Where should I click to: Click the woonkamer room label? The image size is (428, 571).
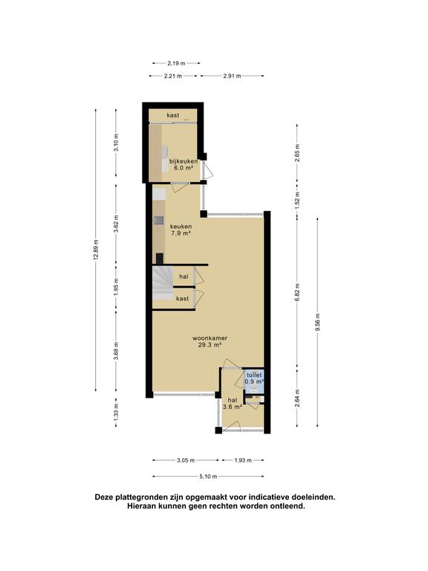pos(213,338)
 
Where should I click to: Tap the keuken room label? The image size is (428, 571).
pos(181,226)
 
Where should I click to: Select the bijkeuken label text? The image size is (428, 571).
pos(183,161)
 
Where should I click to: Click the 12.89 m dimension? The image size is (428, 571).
pos(96,249)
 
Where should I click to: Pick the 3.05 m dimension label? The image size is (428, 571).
pos(186,461)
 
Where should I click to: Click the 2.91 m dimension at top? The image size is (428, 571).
pos(233,76)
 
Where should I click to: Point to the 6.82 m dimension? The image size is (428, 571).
pos(297,290)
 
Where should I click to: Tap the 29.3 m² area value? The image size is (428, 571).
pos(213,345)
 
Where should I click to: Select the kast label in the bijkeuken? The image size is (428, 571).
pos(173,115)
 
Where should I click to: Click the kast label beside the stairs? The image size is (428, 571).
pos(182,298)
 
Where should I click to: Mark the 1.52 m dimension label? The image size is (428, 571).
pos(297,199)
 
